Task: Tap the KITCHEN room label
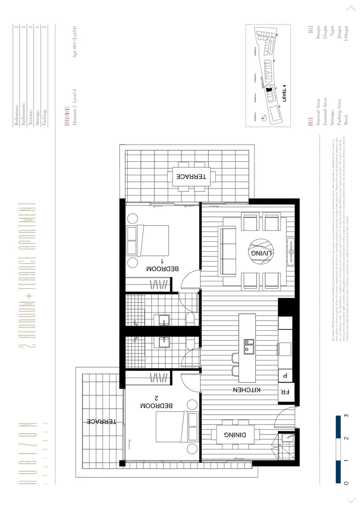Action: (244, 390)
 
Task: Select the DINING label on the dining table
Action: (234, 435)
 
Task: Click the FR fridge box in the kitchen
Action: (286, 392)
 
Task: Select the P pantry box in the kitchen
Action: (286, 375)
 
